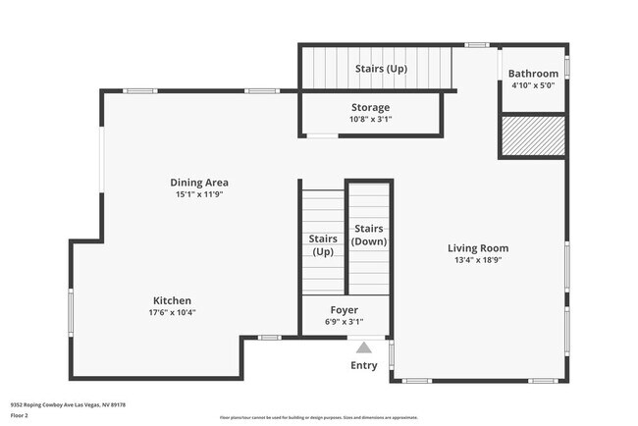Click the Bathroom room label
(534, 74)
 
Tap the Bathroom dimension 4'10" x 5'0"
(534, 85)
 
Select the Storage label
(370, 107)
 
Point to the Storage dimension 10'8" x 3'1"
(370, 120)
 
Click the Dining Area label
(199, 182)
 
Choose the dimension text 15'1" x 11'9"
(199, 194)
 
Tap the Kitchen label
(172, 300)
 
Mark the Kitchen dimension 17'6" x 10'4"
(172, 313)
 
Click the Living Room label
(478, 248)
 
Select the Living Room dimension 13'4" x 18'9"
(478, 261)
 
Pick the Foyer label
(344, 310)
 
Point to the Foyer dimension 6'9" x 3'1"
(344, 322)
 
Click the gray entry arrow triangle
(364, 346)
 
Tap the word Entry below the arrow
(364, 366)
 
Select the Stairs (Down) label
(370, 235)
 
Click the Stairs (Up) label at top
(381, 69)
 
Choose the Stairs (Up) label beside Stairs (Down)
(323, 244)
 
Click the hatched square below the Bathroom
(533, 136)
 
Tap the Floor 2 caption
(21, 415)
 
